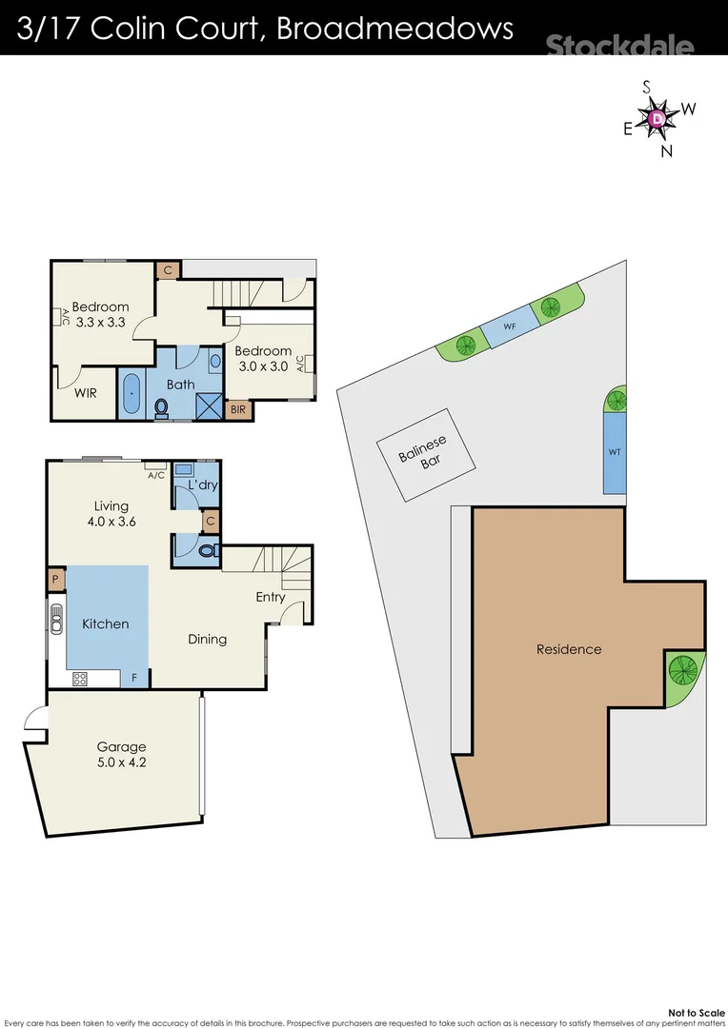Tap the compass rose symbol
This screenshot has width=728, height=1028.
pyautogui.click(x=657, y=118)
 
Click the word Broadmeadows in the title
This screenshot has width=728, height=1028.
pyautogui.click(x=394, y=28)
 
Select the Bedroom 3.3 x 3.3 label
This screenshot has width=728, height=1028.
pyautogui.click(x=100, y=314)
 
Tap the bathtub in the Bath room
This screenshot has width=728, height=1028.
pyautogui.click(x=131, y=393)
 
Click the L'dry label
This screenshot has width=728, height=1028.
pyautogui.click(x=203, y=485)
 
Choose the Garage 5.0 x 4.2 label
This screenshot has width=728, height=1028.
pyautogui.click(x=120, y=754)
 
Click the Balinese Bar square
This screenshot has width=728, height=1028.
pyautogui.click(x=422, y=455)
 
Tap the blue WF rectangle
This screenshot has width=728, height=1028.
pyautogui.click(x=510, y=326)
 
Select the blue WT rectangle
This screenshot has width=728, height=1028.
pyautogui.click(x=615, y=452)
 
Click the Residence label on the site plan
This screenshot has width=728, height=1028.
pyautogui.click(x=569, y=649)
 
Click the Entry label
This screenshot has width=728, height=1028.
pyautogui.click(x=271, y=597)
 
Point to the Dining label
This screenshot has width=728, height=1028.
pyautogui.click(x=207, y=639)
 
